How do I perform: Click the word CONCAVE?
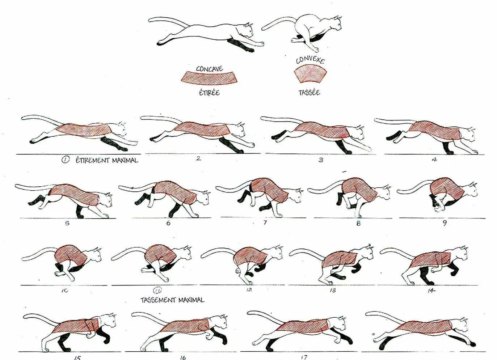pyautogui.click(x=209, y=68)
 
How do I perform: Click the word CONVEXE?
pyautogui.click(x=310, y=60)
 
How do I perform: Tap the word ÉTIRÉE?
pyautogui.click(x=209, y=92)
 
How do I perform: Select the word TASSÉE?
pyautogui.click(x=309, y=92)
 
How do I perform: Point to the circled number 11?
pyautogui.click(x=157, y=290)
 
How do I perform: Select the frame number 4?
pyautogui.click(x=434, y=159)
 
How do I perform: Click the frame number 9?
pyautogui.click(x=445, y=223)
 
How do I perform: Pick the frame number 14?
pyautogui.click(x=431, y=290)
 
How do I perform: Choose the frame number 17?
pyautogui.click(x=304, y=357)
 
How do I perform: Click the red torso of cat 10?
pyautogui.click(x=71, y=255)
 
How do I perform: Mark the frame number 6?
pyautogui.click(x=168, y=223)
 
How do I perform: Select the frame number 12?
pyautogui.click(x=249, y=290)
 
